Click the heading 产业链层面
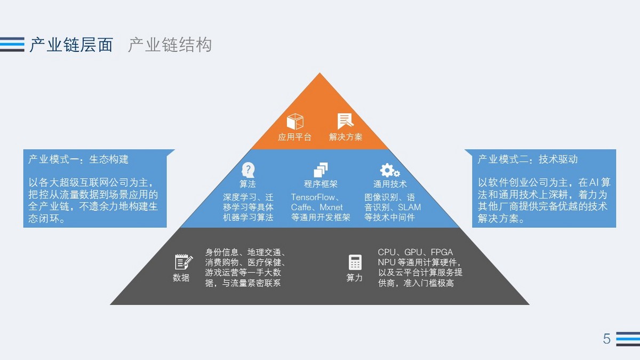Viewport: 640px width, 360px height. click(x=71, y=45)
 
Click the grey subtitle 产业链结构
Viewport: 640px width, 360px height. click(x=170, y=45)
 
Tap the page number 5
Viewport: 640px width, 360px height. click(x=606, y=339)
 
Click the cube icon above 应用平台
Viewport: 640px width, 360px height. click(x=295, y=121)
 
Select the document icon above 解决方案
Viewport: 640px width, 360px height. click(x=345, y=121)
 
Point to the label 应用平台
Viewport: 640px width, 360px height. click(x=295, y=137)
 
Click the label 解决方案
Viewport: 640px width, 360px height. click(x=346, y=137)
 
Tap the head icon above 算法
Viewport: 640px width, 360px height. click(x=248, y=170)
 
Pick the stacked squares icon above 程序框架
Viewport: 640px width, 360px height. click(x=321, y=170)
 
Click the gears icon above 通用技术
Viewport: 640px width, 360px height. click(x=389, y=170)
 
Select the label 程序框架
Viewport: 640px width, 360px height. click(x=321, y=185)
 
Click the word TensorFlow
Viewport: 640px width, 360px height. click(x=312, y=197)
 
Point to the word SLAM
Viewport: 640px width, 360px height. click(x=409, y=207)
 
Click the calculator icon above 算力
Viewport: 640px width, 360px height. click(x=355, y=262)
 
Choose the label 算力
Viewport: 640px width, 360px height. click(x=355, y=278)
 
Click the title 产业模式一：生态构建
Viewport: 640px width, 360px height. click(x=78, y=159)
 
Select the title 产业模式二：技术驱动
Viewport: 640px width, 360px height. click(x=527, y=159)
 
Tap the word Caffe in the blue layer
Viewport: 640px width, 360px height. click(x=302, y=207)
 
